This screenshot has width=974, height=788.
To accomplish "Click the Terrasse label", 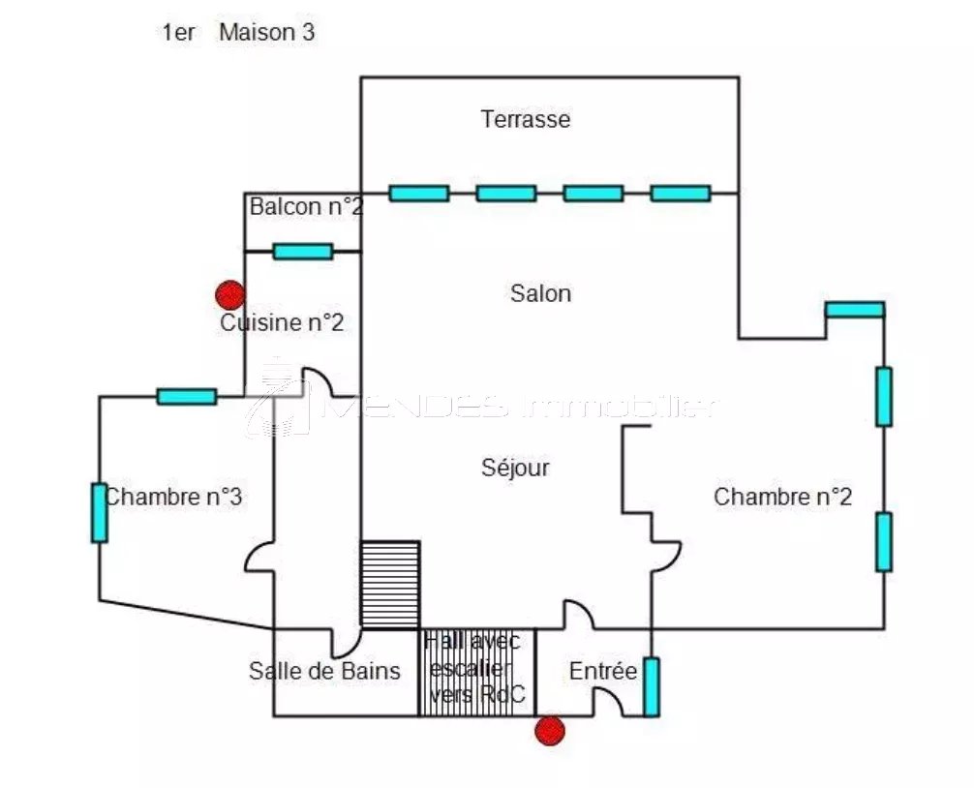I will pos(525,119).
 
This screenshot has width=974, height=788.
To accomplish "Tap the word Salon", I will pos(540,292).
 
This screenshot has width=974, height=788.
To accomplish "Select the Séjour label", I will pos(515,468).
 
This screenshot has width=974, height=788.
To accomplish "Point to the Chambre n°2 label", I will pos(782,497).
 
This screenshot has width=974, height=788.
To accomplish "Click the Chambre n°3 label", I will pos(173,497).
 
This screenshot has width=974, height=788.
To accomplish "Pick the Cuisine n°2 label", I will pos(282,322).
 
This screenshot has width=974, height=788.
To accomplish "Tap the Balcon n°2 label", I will pos(306,206).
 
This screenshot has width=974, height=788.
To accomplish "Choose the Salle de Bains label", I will pos(324,670).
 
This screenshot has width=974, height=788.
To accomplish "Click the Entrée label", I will pos(602,671).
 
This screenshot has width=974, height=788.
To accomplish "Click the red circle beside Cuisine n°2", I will pos(229,294).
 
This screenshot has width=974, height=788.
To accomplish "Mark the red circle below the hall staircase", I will pos(549,731).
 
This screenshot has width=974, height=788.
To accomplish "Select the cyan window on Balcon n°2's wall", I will pos(302,252).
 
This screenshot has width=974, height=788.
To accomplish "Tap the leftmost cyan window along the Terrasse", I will pos(418,193).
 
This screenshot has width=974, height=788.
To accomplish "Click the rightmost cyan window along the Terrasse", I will pos(680,193).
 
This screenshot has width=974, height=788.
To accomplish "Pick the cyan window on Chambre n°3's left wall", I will pos(99,513).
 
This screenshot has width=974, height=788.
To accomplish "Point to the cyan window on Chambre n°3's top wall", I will pos(186,396).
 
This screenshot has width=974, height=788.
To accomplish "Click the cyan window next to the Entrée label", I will pos(652,686).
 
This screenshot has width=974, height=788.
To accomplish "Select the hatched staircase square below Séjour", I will pos(390,585).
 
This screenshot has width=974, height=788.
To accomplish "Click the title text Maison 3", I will pos(266,32).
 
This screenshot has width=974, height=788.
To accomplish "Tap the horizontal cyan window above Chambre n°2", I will pos(854,310).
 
